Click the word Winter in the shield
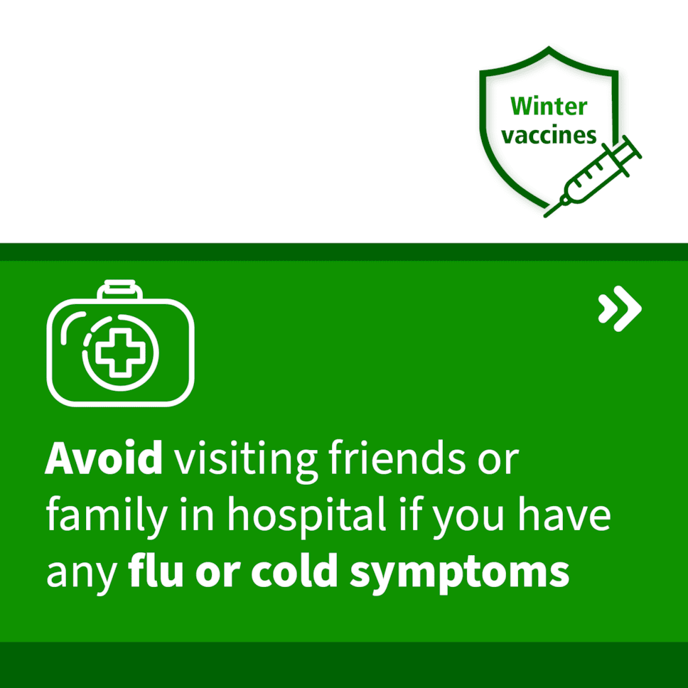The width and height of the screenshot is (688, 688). tap(549, 107)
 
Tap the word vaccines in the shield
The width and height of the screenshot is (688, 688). tap(549, 135)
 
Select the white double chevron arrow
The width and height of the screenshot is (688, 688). tap(620, 308)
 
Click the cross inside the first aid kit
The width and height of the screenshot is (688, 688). tap(120, 354)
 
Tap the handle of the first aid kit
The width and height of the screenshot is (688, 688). tap(120, 289)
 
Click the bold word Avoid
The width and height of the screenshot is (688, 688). tap(104, 458)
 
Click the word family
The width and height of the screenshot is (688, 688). tap(107, 517)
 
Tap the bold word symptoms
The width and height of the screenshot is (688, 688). tap(459, 574)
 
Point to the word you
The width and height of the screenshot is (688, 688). tap(468, 521)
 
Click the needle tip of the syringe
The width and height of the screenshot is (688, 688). tap(546, 216)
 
